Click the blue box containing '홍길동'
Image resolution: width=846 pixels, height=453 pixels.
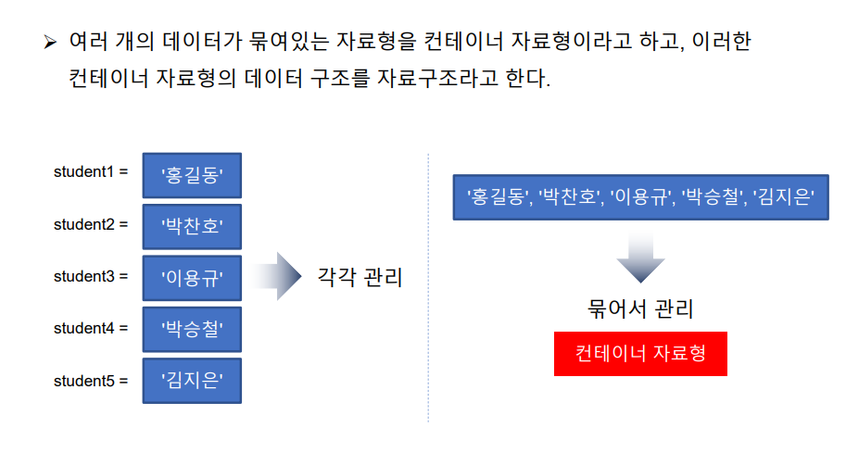192,175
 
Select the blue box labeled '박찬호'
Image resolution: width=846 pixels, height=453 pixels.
192,226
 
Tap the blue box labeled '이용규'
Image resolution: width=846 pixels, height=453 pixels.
192,278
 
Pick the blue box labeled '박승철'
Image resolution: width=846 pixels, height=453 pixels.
192,329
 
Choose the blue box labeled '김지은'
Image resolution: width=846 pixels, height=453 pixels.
192,381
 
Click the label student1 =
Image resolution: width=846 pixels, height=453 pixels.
91,173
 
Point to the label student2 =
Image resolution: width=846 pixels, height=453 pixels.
91,225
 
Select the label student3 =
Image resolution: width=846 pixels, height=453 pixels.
91,277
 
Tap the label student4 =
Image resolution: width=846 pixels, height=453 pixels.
91,329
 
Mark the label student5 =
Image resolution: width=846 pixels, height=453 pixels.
91,381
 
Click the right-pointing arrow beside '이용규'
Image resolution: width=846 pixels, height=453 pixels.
277,276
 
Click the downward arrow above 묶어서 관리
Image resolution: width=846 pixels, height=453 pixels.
640,257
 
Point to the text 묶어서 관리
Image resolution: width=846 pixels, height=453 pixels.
640,308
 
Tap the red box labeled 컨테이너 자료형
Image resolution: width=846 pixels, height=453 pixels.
640,354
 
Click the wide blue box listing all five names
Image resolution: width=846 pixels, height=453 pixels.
640,196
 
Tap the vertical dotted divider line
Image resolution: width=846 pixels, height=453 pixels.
428,287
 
